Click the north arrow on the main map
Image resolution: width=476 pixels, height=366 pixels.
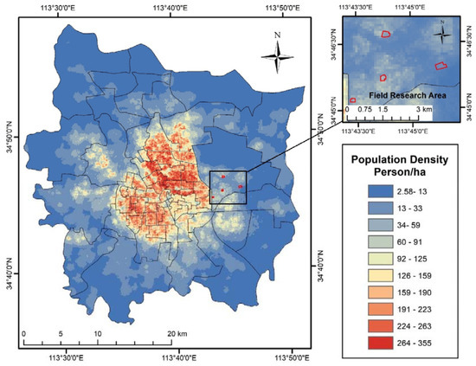pyautogui.click(x=277, y=54)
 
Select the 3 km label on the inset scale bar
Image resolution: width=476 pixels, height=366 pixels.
pyautogui.click(x=423, y=111)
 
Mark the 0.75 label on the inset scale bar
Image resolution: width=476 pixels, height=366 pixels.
pyautogui.click(x=365, y=111)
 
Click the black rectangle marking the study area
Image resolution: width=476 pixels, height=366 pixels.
pyautogui.click(x=228, y=186)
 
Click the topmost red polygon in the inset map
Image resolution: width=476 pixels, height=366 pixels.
pyautogui.click(x=386, y=34)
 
